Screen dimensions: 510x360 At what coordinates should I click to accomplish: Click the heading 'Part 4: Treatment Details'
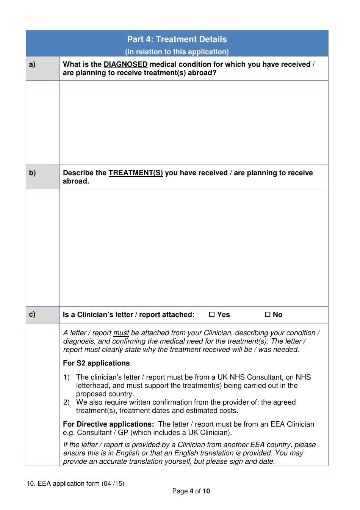pos(177,39)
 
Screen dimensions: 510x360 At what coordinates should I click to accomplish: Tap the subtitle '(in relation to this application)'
pos(177,52)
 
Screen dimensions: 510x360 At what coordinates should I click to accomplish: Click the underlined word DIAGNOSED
pos(125,64)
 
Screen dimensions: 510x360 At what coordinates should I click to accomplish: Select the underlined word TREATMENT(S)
pos(136,173)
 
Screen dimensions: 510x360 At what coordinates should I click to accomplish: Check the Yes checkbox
pos(212,314)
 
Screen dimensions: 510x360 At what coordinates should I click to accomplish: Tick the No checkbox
pos(268,314)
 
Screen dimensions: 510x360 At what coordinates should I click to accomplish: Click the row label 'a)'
pos(33,64)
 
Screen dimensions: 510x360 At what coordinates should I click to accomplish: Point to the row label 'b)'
pos(33,173)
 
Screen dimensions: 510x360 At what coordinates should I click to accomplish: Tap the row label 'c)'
pos(33,314)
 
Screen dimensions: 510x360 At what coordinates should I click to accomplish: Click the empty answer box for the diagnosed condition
pos(194,122)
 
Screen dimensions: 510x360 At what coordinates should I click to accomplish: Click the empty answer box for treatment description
pos(194,247)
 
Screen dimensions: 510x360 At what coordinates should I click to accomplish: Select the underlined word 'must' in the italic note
pos(121,333)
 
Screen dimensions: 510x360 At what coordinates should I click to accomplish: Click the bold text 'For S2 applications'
pos(96,363)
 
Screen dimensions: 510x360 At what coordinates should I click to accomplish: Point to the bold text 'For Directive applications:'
pos(108,424)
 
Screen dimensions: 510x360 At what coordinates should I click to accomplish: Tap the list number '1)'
pos(67,377)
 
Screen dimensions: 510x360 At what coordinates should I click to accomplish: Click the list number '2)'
pos(67,402)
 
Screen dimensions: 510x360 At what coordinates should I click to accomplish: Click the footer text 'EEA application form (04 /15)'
pos(81,483)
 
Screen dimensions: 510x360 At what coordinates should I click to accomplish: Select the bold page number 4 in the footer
pos(191,491)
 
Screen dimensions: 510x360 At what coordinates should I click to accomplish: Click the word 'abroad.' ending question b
pos(76,181)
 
